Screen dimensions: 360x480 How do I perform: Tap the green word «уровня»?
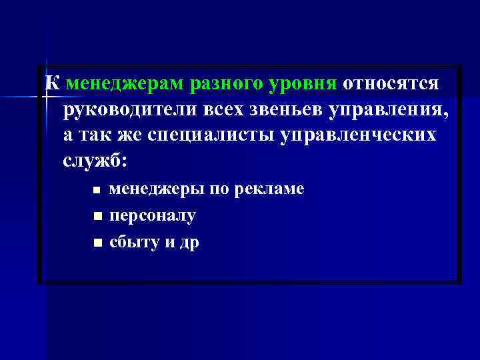303,85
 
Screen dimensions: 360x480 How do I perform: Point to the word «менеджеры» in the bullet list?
157,190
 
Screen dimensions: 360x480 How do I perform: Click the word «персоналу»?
153,216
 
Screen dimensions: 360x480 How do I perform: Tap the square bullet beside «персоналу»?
97,217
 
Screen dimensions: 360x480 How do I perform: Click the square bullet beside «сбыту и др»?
97,243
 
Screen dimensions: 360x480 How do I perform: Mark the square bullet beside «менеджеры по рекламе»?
97,191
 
